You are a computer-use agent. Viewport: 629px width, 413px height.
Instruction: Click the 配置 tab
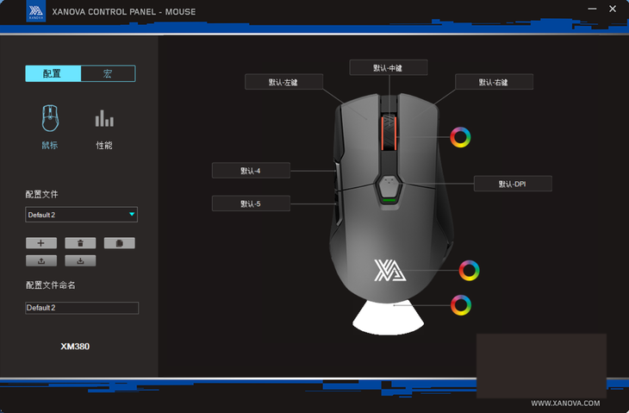(x=53, y=73)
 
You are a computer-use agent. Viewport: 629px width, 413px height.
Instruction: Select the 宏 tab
(x=108, y=73)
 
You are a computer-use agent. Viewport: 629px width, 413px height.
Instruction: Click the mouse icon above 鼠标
(x=50, y=118)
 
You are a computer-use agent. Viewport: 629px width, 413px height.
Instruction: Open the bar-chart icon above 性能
(x=104, y=118)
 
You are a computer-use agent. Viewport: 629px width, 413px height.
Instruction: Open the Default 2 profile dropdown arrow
(x=132, y=215)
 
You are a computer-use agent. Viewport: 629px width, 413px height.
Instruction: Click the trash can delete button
(x=80, y=243)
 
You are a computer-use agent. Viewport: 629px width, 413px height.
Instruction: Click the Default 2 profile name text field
(x=82, y=308)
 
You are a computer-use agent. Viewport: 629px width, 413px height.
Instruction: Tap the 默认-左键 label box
(x=283, y=82)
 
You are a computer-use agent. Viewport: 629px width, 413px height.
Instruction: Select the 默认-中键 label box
(x=389, y=67)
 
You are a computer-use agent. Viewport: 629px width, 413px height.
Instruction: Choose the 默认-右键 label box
(x=494, y=82)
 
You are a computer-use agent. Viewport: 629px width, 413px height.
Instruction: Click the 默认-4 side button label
(x=251, y=171)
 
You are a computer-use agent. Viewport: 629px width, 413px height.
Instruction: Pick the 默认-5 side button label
(x=251, y=203)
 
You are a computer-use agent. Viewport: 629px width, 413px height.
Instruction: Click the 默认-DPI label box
(x=513, y=184)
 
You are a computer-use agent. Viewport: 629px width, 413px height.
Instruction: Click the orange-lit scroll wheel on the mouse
(x=389, y=133)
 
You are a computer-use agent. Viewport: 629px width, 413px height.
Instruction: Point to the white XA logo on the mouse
(x=389, y=270)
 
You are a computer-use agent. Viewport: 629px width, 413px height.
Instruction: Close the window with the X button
(x=613, y=9)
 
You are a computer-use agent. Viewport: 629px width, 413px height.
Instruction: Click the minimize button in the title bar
(x=592, y=9)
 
